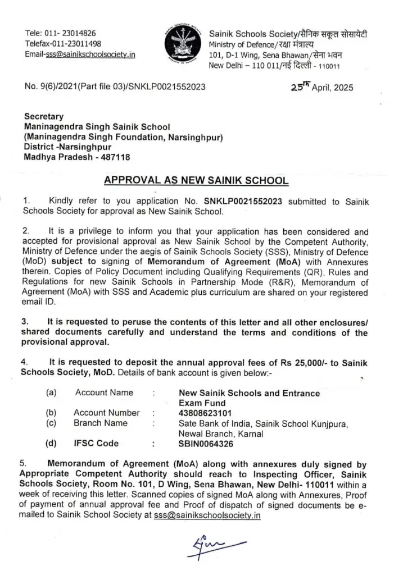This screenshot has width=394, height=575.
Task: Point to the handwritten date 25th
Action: (x=306, y=86)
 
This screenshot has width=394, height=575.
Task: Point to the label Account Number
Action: (x=106, y=413)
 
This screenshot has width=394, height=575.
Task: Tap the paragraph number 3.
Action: (x=25, y=322)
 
